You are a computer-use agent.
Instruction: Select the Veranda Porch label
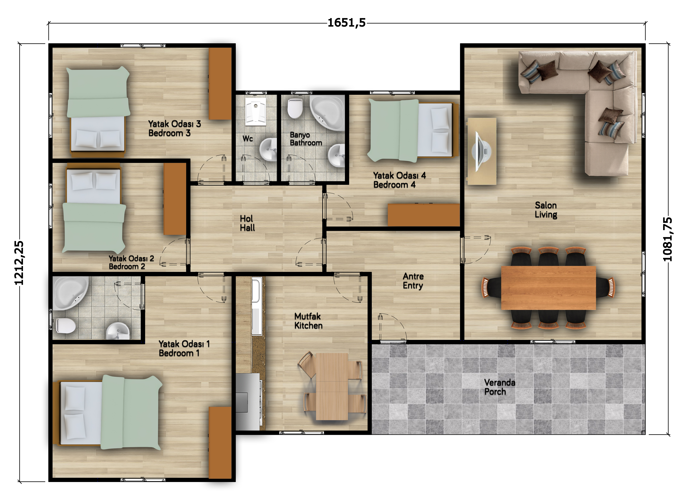click(x=500, y=387)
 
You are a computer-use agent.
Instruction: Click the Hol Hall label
click(x=247, y=223)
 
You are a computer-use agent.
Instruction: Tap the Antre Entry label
click(x=413, y=281)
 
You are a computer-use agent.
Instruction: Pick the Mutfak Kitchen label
click(x=308, y=321)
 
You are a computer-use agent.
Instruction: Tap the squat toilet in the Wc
click(x=256, y=111)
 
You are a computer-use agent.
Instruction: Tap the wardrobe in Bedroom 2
click(x=175, y=199)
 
